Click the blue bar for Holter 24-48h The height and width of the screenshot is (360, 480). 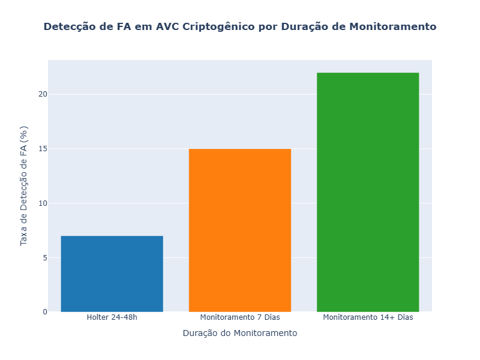[x=112, y=274]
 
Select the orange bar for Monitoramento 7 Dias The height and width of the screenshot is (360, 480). [x=240, y=230]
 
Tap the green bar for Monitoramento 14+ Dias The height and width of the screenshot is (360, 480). [x=368, y=192]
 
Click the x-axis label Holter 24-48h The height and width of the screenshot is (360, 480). [x=112, y=317]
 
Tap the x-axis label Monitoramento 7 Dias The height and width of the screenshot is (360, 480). [x=240, y=317]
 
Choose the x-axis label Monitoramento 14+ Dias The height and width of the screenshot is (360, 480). [x=368, y=317]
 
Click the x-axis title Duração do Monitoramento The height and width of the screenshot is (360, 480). [x=240, y=333]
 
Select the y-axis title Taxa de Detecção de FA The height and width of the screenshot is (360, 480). [x=24, y=186]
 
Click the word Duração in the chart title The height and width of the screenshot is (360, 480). [x=306, y=27]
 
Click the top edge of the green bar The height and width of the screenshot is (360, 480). [x=368, y=73]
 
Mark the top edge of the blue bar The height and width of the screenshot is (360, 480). [x=112, y=236]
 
